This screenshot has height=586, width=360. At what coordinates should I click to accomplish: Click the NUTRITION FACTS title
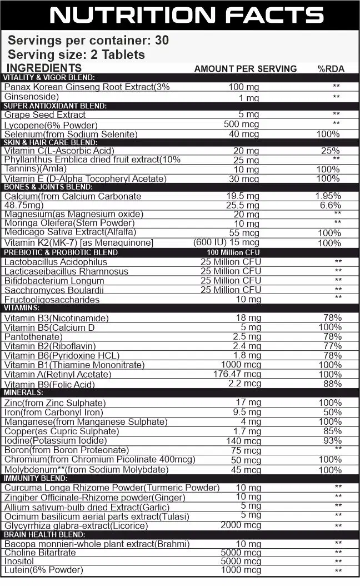click(x=187, y=15)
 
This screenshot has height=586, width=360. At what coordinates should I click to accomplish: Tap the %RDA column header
click(x=331, y=69)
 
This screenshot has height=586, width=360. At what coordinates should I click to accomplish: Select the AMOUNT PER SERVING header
click(x=245, y=69)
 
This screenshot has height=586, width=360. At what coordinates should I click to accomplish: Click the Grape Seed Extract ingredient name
click(x=44, y=115)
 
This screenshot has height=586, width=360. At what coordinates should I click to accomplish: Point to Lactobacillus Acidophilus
click(x=56, y=262)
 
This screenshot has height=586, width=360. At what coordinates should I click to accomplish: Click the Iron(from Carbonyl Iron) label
click(x=53, y=412)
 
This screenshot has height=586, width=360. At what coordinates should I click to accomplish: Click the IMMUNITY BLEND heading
click(x=36, y=478)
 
